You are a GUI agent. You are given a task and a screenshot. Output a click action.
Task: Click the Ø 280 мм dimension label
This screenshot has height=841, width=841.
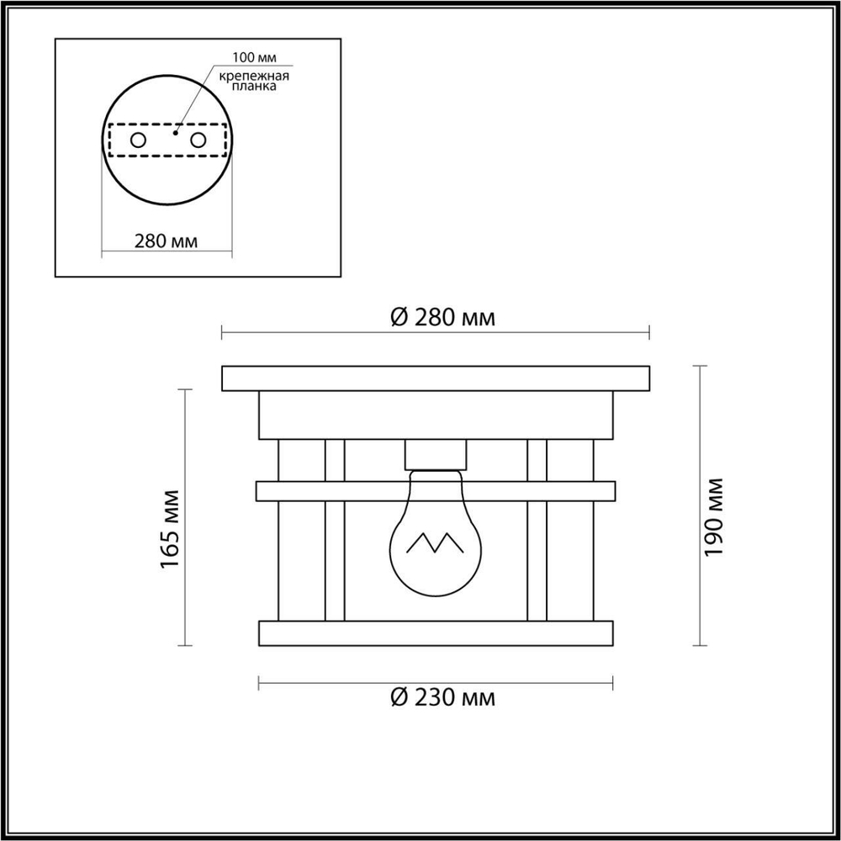tap(442, 318)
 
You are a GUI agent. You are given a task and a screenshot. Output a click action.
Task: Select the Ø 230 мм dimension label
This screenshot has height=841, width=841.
tap(442, 697)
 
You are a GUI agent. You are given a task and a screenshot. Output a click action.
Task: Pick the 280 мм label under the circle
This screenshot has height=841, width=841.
tap(166, 241)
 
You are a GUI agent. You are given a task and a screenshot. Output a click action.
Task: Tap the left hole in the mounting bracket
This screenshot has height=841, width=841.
tap(138, 140)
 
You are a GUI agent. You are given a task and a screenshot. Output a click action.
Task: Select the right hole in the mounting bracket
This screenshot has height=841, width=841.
tap(198, 140)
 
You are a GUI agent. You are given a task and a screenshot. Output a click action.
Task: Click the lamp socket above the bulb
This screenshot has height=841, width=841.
tap(436, 455)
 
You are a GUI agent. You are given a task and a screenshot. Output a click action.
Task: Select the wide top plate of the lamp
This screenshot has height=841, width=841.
tap(436, 378)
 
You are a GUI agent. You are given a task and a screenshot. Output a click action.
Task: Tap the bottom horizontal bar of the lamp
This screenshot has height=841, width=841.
tap(436, 632)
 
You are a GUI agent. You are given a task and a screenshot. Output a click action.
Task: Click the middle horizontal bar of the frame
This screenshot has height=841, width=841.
tap(436, 490)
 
